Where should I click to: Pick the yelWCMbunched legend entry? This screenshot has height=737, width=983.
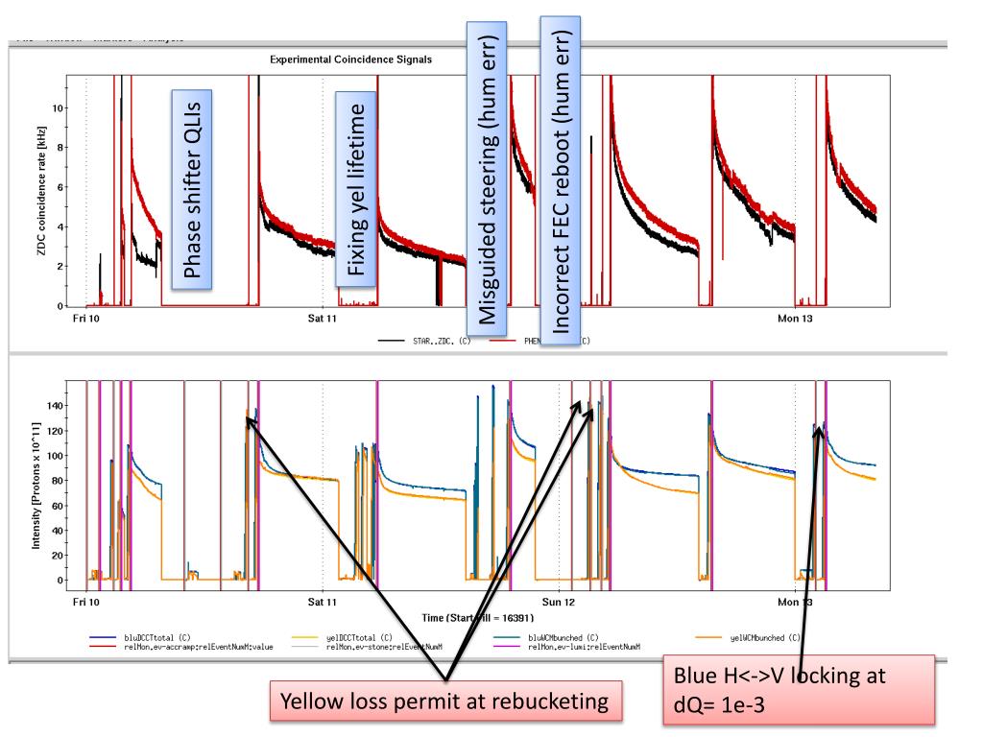763,637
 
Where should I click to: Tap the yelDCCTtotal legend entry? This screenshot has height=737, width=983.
354,637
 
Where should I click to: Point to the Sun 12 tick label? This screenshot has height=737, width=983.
559,603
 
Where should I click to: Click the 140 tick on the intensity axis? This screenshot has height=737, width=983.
55,406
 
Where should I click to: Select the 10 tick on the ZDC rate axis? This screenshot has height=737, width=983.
60,107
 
